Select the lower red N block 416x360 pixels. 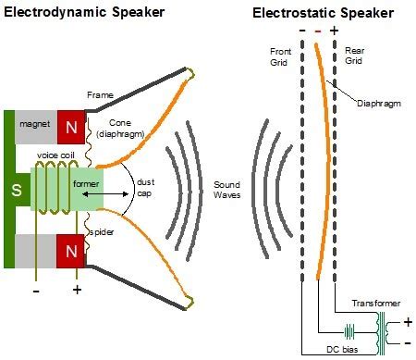pyautogui.click(x=72, y=251)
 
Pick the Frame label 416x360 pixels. pyautogui.click(x=100, y=94)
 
